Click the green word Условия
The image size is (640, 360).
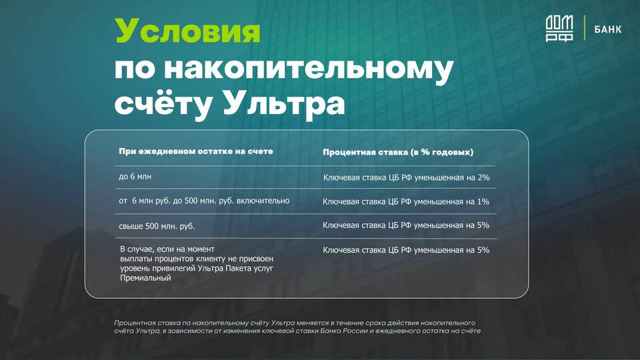click(x=187, y=31)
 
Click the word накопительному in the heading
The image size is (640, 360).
click(x=309, y=68)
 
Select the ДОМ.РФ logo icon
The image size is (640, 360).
click(x=559, y=28)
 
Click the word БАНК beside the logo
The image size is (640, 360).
click(x=608, y=29)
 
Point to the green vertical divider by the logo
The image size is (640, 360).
click(x=585, y=28)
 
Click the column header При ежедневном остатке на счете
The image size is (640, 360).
click(x=196, y=151)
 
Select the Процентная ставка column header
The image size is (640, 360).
click(x=398, y=152)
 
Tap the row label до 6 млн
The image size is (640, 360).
click(x=135, y=176)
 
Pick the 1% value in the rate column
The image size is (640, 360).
click(x=483, y=201)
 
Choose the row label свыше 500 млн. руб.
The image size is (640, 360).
click(x=157, y=226)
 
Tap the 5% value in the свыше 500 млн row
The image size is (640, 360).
click(x=483, y=225)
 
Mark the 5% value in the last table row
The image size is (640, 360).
click(x=483, y=250)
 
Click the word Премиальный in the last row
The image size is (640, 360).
click(x=145, y=278)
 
